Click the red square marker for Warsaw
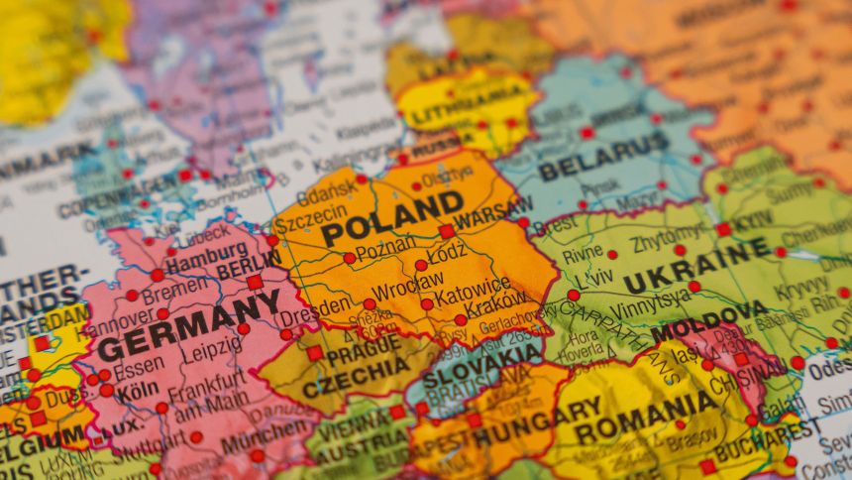pos(447,231)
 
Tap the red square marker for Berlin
pos(255,282)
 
